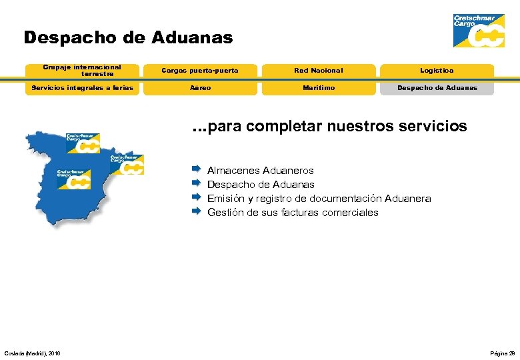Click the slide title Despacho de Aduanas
pos(128,37)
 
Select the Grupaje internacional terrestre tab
pos(82,70)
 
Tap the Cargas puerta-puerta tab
pos(200,70)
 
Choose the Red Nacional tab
pos(319,70)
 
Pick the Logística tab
pos(437,70)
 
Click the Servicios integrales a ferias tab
pos(83,87)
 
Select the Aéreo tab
pos(200,87)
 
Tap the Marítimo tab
pos(319,87)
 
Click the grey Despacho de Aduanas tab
pos(437,87)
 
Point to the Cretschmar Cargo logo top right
pos(478,31)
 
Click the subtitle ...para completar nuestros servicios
pos(329,125)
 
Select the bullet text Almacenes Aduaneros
pos(260,171)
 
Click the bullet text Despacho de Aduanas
pos(261,185)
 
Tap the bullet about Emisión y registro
pos(319,199)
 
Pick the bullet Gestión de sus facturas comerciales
pos(293,213)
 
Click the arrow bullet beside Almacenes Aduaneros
pos(196,169)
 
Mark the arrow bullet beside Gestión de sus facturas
pos(196,211)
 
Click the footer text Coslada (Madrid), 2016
pos(32,353)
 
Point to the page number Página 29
pos(502,353)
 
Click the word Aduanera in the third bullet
pos(408,199)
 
